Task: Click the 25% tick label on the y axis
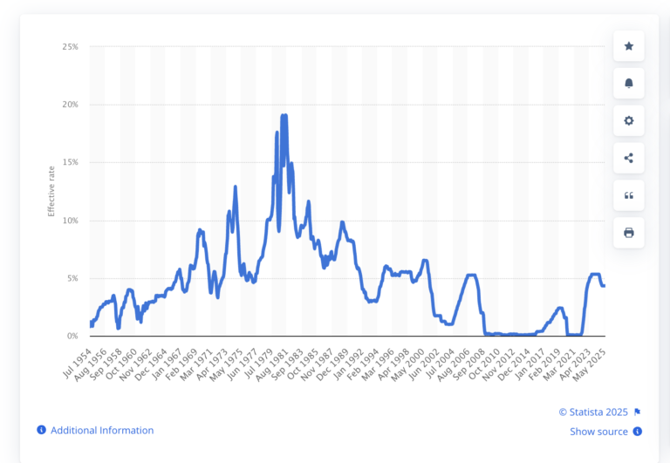coord(69,46)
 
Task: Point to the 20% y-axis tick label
coord(69,105)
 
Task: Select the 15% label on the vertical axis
coord(69,162)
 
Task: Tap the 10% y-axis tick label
coord(69,221)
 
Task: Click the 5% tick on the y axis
coord(72,278)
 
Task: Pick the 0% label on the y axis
coord(72,336)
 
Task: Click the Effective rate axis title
coord(51,191)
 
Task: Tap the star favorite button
coord(629,46)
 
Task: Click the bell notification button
coord(629,84)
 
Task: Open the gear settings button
coord(629,120)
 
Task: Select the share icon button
coord(629,158)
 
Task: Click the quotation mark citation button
coord(629,195)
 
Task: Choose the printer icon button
coord(629,233)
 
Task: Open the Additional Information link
coord(101,431)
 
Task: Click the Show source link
coord(598,432)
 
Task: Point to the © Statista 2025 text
coord(593,412)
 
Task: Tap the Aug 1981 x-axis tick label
coord(271,357)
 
